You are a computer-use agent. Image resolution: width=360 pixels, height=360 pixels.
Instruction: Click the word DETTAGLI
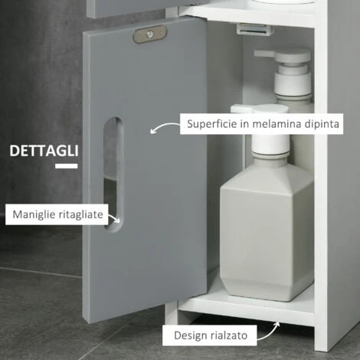point(44,151)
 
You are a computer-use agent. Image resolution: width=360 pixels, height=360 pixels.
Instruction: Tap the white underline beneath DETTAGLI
point(67,166)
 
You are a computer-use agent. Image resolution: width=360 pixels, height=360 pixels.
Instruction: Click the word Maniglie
point(34,214)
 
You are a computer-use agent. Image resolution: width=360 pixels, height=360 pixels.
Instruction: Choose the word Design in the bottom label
point(191,335)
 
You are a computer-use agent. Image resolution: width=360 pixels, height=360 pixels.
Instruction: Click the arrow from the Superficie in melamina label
point(163,126)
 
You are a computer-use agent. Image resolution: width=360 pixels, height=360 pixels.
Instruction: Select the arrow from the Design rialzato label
point(270,332)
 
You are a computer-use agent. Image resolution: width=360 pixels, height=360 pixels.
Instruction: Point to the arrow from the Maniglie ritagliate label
point(114,218)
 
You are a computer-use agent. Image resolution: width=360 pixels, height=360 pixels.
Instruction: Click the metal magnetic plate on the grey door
point(150,34)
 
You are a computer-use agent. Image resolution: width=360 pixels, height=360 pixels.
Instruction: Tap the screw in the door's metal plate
point(150,34)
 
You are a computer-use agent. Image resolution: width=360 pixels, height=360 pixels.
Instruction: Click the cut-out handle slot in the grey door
point(113,175)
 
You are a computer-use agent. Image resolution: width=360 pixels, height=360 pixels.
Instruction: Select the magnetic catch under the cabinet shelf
point(255,29)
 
